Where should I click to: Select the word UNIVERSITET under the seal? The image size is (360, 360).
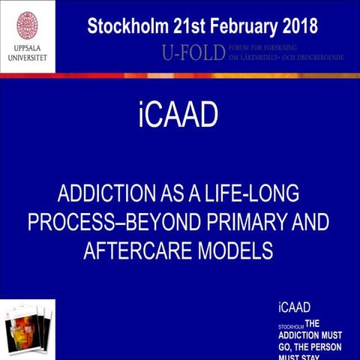(28, 61)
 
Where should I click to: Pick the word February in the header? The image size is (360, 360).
(241, 26)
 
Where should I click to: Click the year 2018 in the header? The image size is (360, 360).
(300, 26)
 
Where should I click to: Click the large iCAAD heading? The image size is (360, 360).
(178, 115)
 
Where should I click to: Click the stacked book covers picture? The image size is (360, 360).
(28, 330)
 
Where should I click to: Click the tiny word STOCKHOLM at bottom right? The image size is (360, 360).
(289, 327)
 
